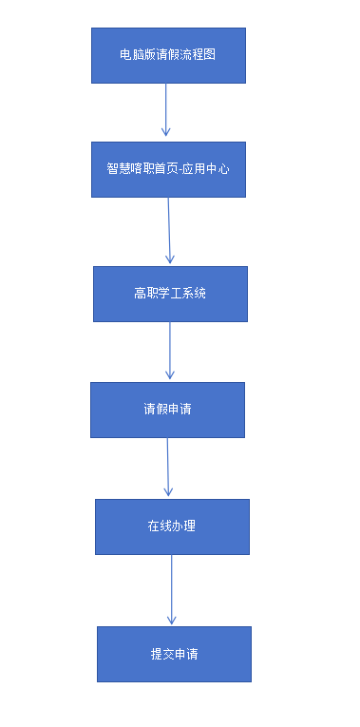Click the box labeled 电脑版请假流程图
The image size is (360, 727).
point(168,55)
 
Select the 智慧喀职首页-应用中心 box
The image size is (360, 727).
point(168,169)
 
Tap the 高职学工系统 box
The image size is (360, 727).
point(170,294)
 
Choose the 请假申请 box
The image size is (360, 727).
point(167,410)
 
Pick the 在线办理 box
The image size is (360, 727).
point(172,526)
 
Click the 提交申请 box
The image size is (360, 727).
point(174,654)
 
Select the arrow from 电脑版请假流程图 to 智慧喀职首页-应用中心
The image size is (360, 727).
point(166,109)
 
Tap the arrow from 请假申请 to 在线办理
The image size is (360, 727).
point(168,467)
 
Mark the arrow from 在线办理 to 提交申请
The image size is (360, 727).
point(172,589)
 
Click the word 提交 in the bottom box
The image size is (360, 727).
point(161,654)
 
